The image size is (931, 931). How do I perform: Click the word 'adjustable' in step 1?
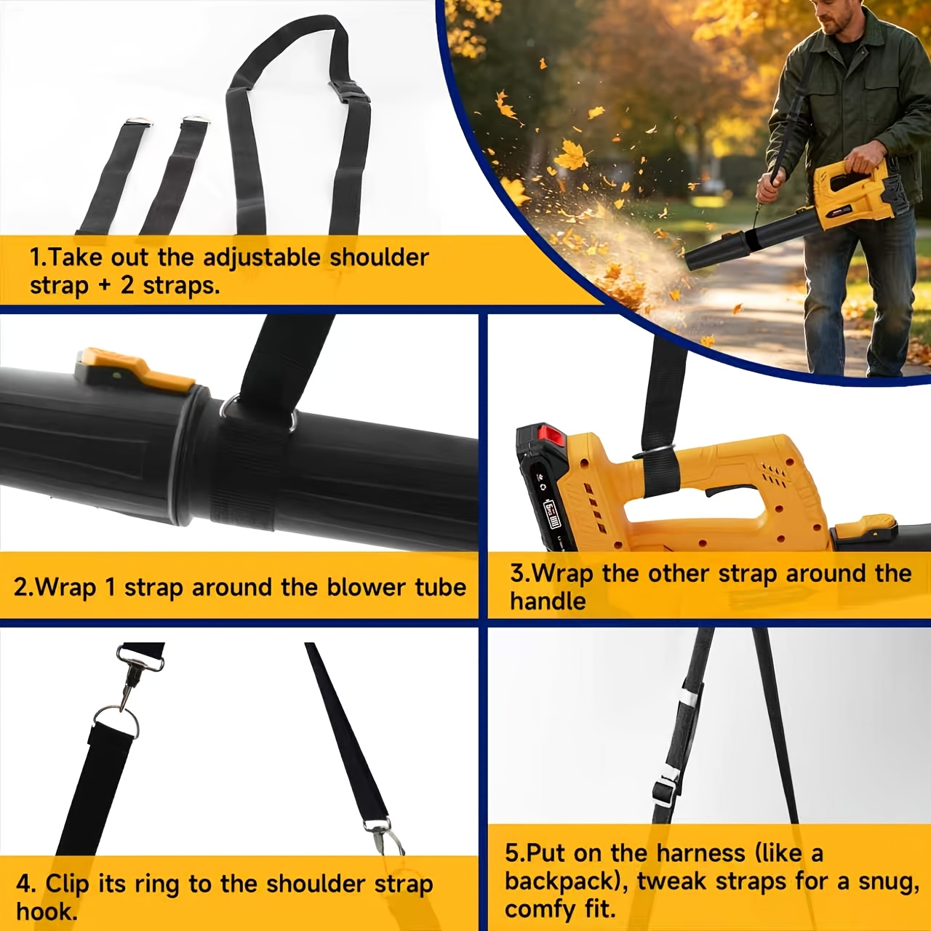[261, 258]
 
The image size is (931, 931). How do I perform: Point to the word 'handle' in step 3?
[548, 602]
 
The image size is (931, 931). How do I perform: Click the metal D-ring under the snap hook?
[115, 722]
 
